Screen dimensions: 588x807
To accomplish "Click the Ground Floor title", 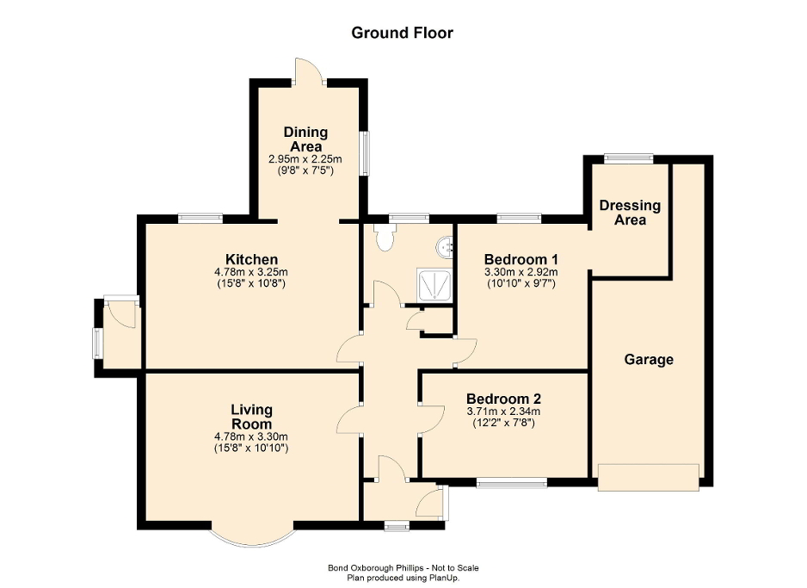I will pos(402,33).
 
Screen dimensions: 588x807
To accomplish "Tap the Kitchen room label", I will pos(251,259).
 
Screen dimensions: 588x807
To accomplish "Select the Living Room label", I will pos(251,417).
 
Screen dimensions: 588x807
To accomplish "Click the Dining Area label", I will pos(305,139).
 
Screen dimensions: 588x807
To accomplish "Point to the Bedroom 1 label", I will pos(521,259).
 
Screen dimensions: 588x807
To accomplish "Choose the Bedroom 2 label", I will pos(503,399).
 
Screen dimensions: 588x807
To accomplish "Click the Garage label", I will pos(649,360).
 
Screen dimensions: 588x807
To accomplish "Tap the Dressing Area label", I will pos(630,213).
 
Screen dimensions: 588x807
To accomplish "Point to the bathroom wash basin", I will pos(447,248).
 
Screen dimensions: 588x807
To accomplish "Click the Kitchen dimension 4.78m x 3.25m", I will pos(250,272).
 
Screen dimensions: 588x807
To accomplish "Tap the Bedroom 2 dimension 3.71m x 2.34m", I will pos(503,412).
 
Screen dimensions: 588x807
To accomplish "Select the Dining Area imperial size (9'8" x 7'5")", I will pos(305,170).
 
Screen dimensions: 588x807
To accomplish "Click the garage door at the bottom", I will pos(649,477).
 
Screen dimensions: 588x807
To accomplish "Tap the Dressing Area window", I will pos(627,158).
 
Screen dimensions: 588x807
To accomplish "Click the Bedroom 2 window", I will pos(512,484).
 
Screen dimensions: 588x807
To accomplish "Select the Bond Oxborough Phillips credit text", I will pos(403,567).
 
